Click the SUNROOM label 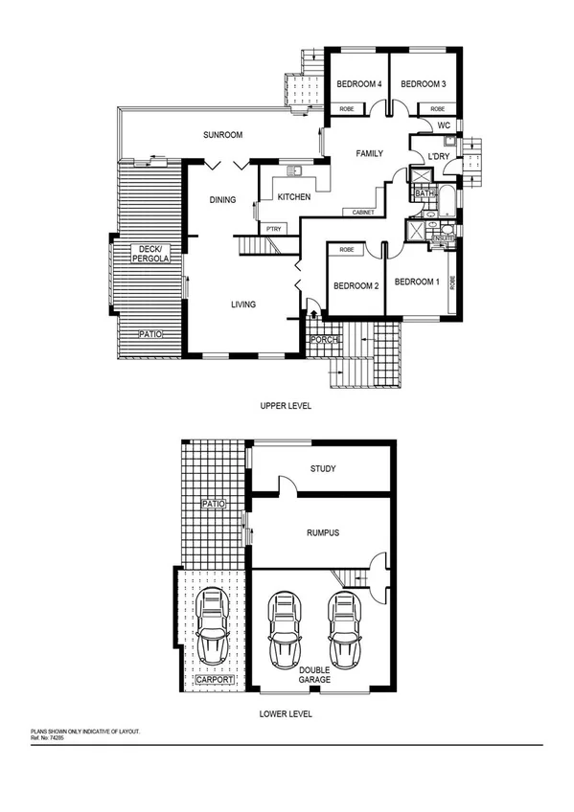click(x=221, y=136)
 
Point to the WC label click(x=444, y=125)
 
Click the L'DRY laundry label click(x=439, y=156)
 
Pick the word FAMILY click(x=370, y=153)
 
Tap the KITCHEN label click(x=294, y=197)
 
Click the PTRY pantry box click(x=273, y=229)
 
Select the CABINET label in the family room click(x=362, y=212)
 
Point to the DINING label click(x=222, y=200)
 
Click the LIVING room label click(x=242, y=305)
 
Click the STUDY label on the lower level click(x=322, y=469)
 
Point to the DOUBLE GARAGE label click(x=314, y=674)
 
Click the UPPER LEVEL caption click(x=286, y=406)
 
